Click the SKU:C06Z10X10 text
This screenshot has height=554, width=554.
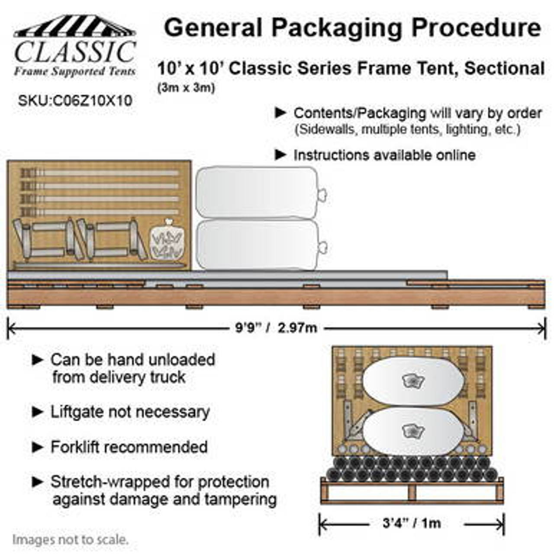[75, 101]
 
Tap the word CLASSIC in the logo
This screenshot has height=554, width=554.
[75, 52]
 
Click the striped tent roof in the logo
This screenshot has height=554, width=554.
[74, 26]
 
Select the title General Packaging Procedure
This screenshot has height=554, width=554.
[352, 28]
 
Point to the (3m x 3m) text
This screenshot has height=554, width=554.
[186, 88]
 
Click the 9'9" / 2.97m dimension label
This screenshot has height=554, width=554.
[276, 328]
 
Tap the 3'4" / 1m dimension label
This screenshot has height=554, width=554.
[412, 523]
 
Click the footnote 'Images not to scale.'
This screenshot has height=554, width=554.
[70, 540]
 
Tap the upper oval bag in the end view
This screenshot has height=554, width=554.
[413, 381]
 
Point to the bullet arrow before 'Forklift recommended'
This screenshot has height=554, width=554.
[38, 447]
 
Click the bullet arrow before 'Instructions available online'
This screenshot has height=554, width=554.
[281, 155]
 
